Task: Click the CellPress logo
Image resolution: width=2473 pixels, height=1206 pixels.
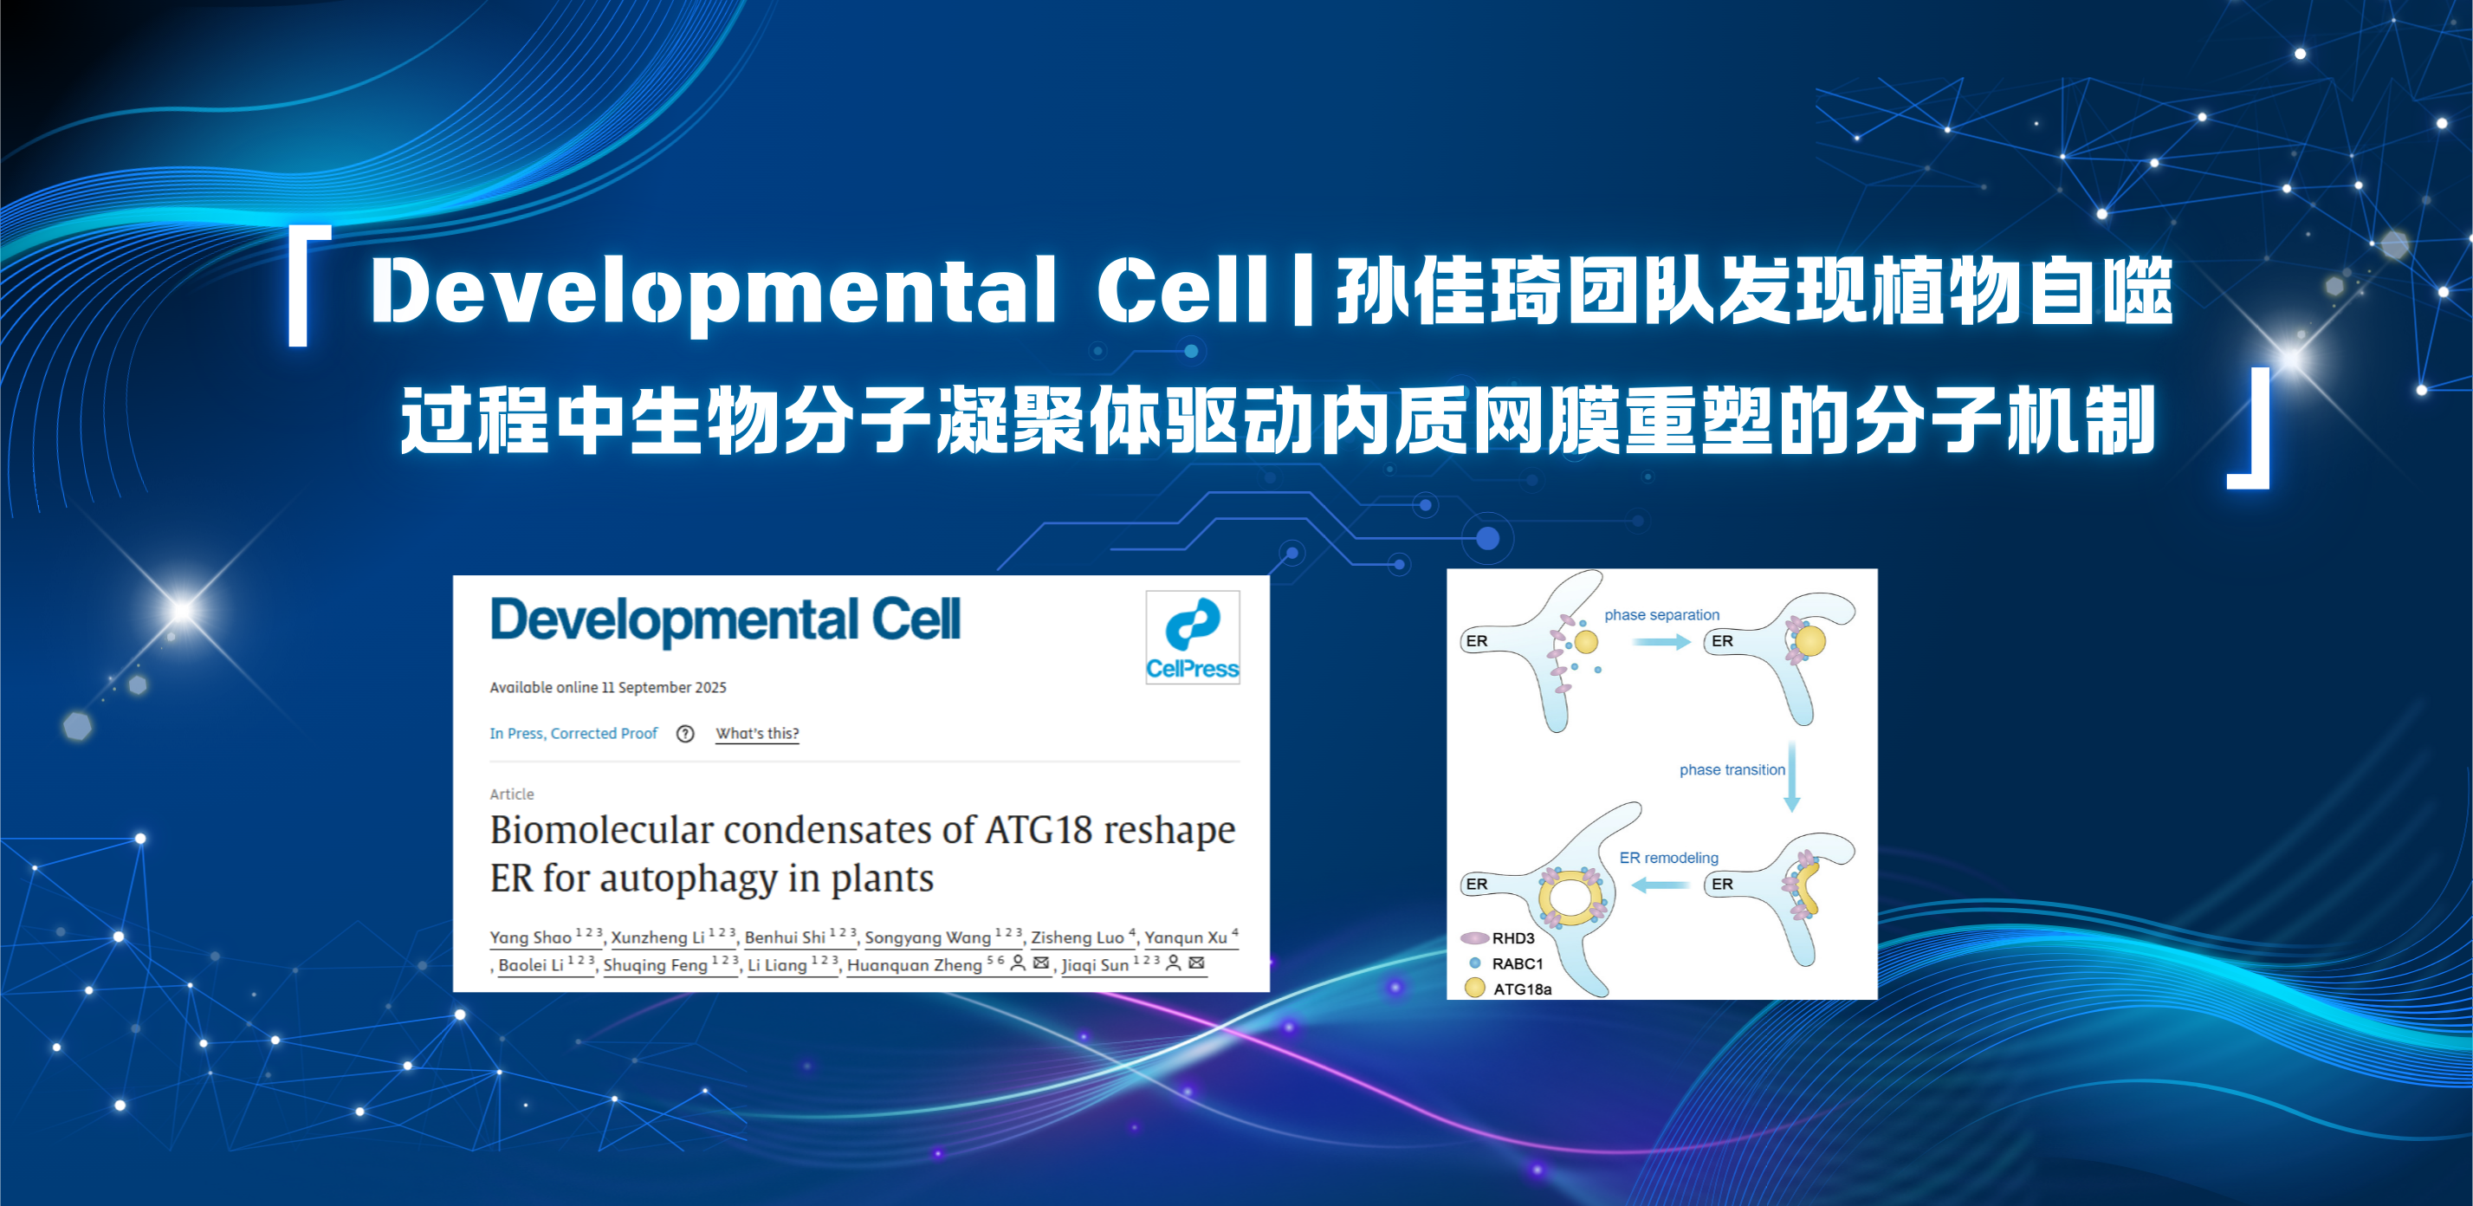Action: pos(1193,637)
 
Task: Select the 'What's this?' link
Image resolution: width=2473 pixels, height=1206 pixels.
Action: pos(757,734)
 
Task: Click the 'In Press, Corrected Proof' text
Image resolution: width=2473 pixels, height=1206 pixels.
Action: pos(573,734)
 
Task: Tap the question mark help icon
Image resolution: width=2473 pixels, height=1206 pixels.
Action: pos(685,734)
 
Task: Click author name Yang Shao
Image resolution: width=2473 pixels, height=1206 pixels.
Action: pos(530,937)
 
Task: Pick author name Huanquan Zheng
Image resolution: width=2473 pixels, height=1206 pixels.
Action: pos(914,965)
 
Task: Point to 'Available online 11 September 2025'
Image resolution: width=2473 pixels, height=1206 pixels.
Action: pos(608,688)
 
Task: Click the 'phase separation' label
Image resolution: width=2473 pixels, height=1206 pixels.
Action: pos(1661,614)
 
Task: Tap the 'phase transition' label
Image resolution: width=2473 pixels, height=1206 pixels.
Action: pos(1732,770)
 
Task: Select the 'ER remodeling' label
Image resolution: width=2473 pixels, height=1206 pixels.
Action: pos(1668,858)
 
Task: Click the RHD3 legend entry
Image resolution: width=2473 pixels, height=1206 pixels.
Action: pos(1498,938)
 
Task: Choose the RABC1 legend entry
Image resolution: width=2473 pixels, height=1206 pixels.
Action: pos(1506,963)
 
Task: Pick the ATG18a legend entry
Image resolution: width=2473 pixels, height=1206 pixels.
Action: pos(1508,988)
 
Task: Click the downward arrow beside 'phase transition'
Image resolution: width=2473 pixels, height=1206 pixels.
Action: pos(1791,777)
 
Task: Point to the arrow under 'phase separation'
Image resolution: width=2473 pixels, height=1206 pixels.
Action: pos(1661,641)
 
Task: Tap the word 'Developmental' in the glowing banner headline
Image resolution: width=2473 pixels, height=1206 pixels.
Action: pos(713,292)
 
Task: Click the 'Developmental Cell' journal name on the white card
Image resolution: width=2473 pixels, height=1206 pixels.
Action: pos(725,620)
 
